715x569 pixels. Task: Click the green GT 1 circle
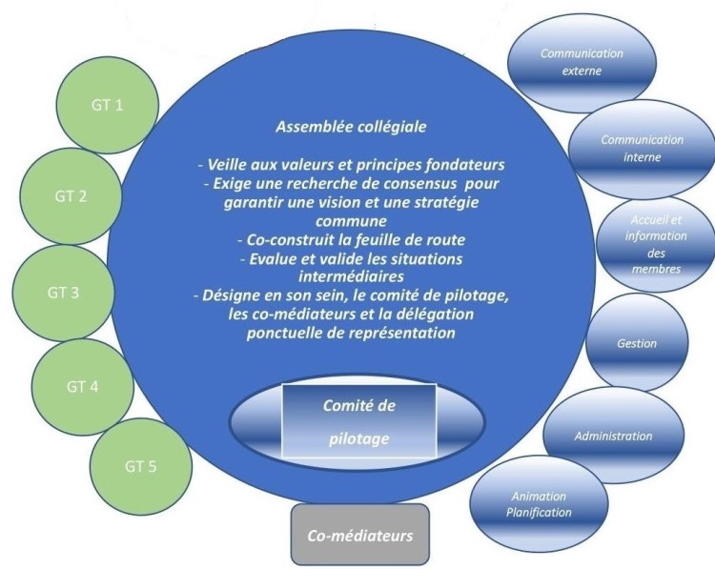coord(106,106)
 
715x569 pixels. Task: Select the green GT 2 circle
coord(69,197)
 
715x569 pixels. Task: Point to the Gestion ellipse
coord(637,344)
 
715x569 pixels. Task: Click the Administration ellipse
coord(613,436)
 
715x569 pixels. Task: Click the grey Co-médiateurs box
coord(359,536)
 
